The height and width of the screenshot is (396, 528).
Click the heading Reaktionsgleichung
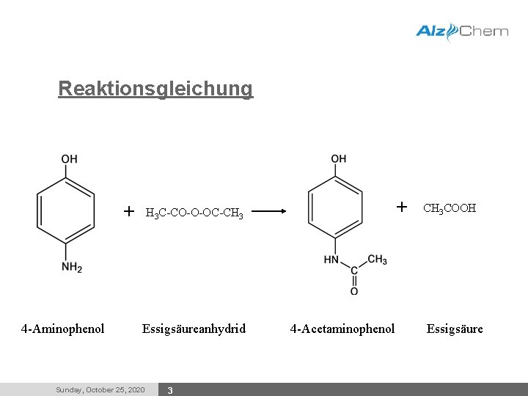tap(155, 89)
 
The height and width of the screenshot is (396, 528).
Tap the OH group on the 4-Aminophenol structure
tap(69, 159)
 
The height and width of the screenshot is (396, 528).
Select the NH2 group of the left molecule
tap(72, 268)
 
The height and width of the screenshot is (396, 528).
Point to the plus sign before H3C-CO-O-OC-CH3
tap(129, 212)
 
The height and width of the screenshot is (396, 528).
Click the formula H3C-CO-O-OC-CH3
tap(194, 213)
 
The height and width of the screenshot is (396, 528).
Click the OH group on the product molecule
tap(339, 159)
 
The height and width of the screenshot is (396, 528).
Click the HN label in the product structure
tap(331, 259)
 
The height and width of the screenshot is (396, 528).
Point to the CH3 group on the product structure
tap(377, 260)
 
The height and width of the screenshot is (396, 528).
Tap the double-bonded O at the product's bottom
tap(354, 291)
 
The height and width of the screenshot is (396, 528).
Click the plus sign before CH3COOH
tap(402, 207)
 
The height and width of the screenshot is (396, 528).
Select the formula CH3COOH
tap(450, 208)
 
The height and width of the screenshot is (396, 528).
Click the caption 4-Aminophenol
tap(63, 329)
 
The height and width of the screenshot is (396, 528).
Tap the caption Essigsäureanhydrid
tap(194, 329)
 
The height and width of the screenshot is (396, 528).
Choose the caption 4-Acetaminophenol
tap(342, 329)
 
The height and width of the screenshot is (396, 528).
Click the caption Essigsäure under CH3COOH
tap(455, 329)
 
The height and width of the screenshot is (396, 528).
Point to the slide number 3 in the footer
tap(170, 390)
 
